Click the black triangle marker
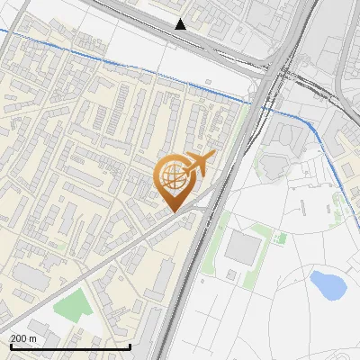click(181, 24)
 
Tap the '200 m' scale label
click(23, 338)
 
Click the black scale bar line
click(70, 346)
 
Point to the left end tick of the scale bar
click(10, 345)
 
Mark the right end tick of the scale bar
click(130, 345)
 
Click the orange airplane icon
click(198, 165)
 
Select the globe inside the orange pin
click(172, 175)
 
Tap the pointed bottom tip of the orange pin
click(174, 212)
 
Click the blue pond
click(328, 285)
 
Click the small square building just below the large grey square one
click(231, 274)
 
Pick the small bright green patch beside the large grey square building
click(281, 238)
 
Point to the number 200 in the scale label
click(19, 338)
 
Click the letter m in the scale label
click(33, 338)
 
